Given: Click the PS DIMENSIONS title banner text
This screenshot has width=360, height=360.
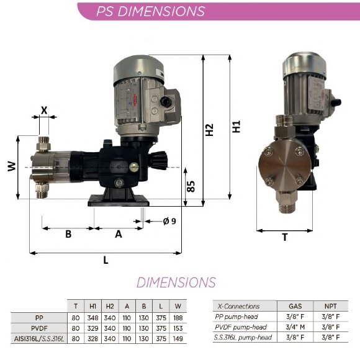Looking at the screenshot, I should pyautogui.click(x=151, y=11).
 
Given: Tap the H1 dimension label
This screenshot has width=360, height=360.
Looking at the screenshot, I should pyautogui.click(x=236, y=127).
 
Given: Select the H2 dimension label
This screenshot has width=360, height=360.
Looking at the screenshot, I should pyautogui.click(x=210, y=129).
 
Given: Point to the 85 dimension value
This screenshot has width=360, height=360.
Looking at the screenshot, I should pyautogui.click(x=192, y=186).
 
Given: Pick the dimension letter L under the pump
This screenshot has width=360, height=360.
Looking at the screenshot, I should pyautogui.click(x=106, y=261).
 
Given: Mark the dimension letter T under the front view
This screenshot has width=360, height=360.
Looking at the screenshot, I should pyautogui.click(x=285, y=237).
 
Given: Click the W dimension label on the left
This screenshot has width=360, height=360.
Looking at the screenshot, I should pyautogui.click(x=11, y=168).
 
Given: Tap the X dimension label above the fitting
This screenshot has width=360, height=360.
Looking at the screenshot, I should pyautogui.click(x=44, y=110).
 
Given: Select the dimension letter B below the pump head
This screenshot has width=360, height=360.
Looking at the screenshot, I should pyautogui.click(x=68, y=235).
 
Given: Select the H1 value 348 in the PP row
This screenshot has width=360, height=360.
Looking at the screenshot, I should pyautogui.click(x=93, y=317).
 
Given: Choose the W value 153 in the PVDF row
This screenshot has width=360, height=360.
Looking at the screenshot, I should pyautogui.click(x=178, y=327).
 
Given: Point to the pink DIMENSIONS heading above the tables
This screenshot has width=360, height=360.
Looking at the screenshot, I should pyautogui.click(x=176, y=282).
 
